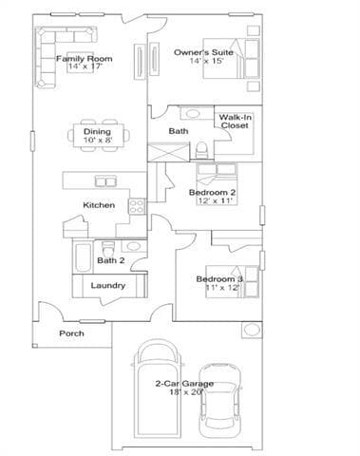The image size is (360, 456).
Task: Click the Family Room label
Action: pos(84,59)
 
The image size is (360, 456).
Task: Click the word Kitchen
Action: pos(99,205)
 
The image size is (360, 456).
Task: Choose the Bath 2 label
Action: pos(111,260)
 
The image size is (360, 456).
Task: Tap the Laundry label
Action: pos(107,285)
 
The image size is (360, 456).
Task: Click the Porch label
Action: pos(71,333)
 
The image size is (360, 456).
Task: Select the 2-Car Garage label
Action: pos(183,384)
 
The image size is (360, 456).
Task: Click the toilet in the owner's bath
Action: pos(200,149)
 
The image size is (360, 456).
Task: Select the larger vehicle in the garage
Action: pos(157,389)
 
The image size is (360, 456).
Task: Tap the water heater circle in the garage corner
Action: pos(251,330)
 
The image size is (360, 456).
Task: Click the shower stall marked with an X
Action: pos(161,152)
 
